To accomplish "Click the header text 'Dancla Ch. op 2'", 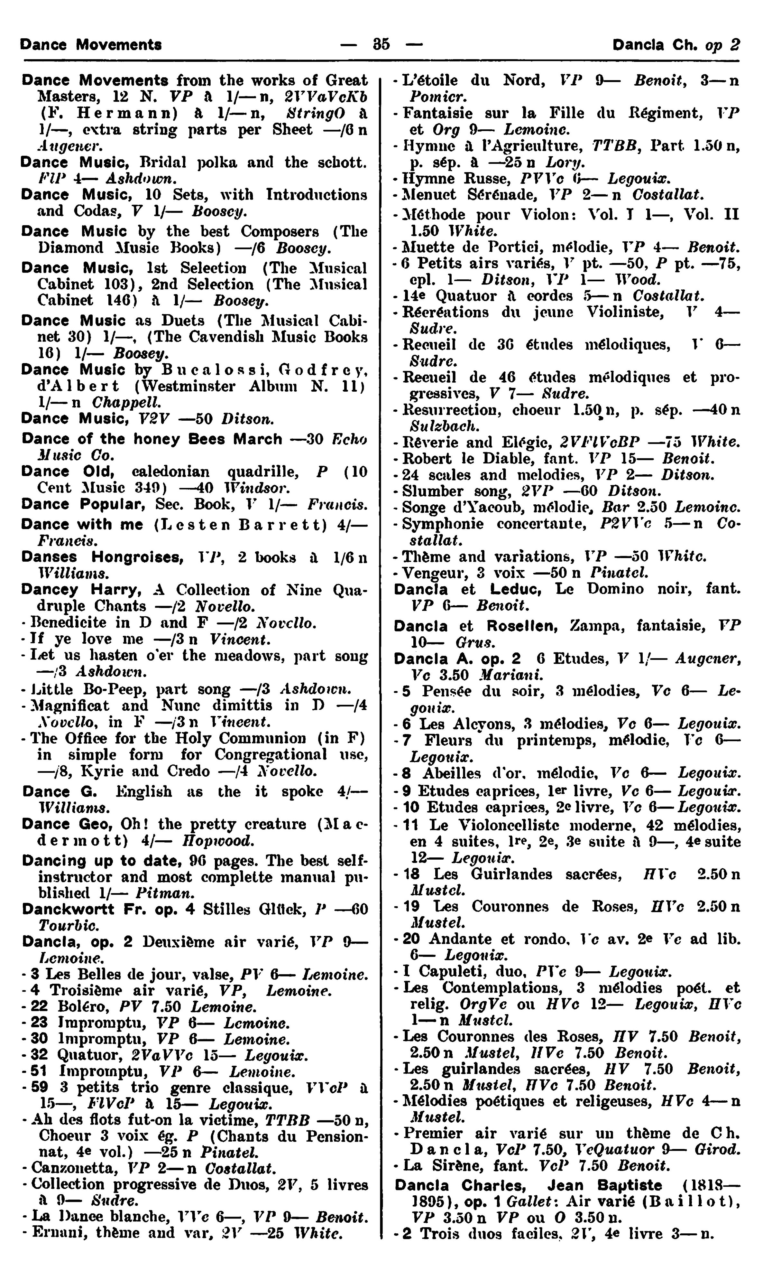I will pyautogui.click(x=676, y=45).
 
